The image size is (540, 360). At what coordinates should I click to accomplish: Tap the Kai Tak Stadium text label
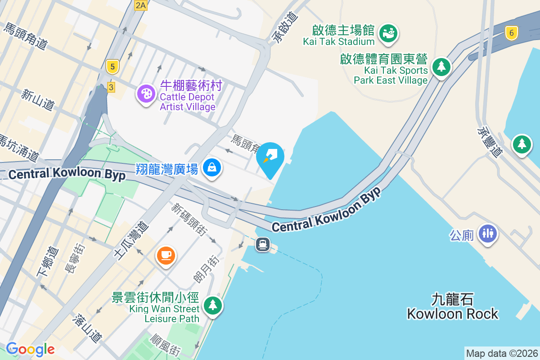click(339, 41)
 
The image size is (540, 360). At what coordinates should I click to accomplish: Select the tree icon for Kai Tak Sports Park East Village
click(441, 67)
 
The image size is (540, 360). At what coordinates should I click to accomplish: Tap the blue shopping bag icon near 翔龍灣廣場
click(211, 167)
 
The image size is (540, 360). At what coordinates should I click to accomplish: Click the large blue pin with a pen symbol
click(270, 157)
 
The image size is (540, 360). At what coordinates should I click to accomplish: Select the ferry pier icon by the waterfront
click(263, 244)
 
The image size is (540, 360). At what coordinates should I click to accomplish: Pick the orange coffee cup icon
click(166, 255)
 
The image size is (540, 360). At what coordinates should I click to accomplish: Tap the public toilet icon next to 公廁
click(488, 233)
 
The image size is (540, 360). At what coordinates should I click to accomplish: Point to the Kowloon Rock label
click(453, 314)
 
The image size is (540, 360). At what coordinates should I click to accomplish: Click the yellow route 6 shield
click(511, 33)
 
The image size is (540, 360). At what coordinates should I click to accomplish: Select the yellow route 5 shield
click(112, 67)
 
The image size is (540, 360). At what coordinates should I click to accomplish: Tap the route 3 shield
click(111, 87)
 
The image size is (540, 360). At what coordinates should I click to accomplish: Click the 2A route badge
click(141, 5)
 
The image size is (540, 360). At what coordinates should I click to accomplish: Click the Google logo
click(30, 349)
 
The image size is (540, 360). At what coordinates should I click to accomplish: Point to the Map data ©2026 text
click(502, 354)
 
